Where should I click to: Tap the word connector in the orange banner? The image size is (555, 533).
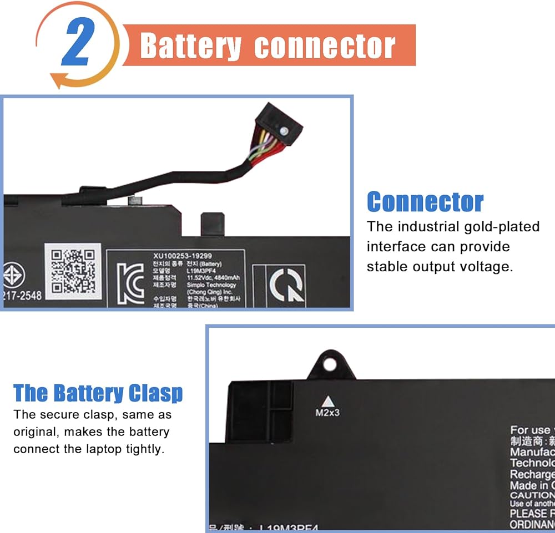tap(325, 47)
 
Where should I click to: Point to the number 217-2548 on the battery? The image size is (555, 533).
tap(22, 295)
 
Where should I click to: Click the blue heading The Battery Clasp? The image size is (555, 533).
tap(98, 393)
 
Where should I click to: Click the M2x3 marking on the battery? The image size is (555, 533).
tap(327, 413)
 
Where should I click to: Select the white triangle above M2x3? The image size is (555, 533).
tap(327, 400)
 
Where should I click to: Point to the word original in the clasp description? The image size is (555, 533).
tap(34, 432)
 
